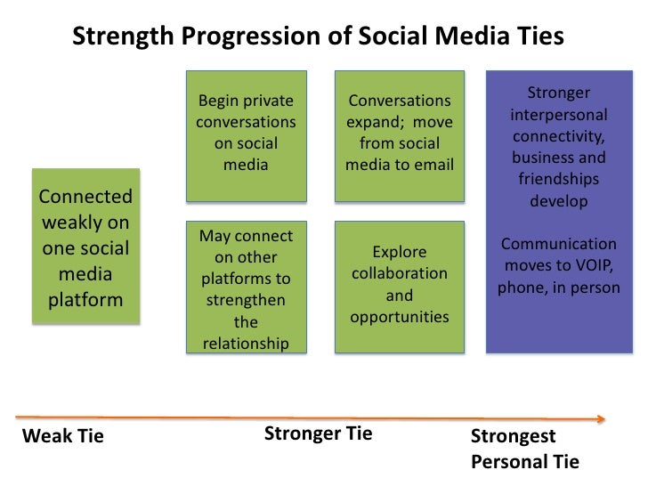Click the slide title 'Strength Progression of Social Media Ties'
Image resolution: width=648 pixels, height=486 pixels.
point(318,36)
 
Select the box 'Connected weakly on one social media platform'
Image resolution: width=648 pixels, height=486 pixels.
point(85,247)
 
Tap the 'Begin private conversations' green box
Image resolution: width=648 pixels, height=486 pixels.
point(246,134)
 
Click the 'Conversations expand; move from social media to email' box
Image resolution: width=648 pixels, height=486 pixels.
point(400,134)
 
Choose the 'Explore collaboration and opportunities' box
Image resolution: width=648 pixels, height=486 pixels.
point(400,285)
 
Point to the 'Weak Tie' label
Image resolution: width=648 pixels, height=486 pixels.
point(62,436)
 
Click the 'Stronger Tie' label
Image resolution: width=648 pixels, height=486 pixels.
point(318,433)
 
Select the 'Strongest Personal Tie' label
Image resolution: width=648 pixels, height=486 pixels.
point(524,449)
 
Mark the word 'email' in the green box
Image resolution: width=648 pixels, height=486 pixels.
point(433,165)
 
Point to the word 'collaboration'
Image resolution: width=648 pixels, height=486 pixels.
point(400,273)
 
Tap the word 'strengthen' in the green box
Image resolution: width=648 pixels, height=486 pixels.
point(246,301)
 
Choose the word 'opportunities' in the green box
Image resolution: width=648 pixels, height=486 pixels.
point(400,317)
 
